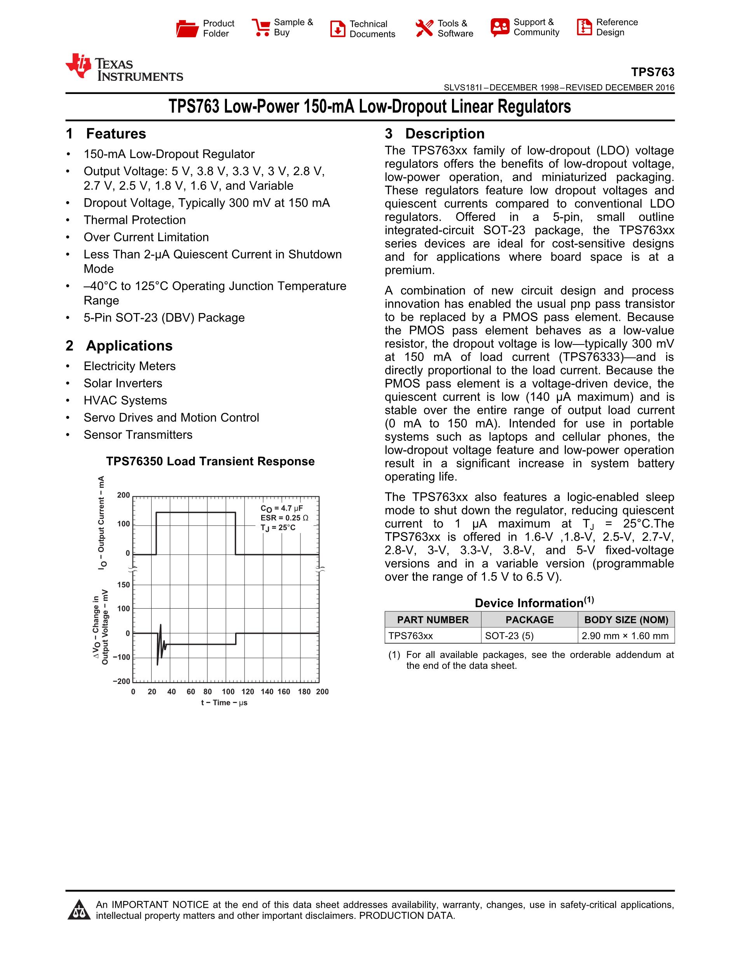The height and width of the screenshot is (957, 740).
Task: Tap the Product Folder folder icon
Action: (x=187, y=28)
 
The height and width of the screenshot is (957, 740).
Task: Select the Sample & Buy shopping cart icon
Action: (x=261, y=27)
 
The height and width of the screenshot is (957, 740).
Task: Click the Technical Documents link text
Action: (x=372, y=29)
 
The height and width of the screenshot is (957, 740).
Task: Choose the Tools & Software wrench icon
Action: (x=424, y=28)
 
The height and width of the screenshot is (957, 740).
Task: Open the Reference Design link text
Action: (x=616, y=27)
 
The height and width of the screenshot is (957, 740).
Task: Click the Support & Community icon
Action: (x=500, y=27)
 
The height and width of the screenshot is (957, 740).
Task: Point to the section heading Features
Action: (x=116, y=134)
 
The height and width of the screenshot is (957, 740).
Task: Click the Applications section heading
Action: (x=129, y=346)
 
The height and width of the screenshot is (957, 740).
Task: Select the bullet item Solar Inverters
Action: (x=123, y=383)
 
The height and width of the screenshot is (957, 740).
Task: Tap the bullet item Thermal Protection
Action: (x=134, y=220)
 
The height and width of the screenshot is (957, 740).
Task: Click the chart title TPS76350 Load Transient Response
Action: (x=210, y=461)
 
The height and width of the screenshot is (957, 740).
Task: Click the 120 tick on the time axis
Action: (x=248, y=691)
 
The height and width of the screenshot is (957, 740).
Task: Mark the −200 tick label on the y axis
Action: (x=121, y=681)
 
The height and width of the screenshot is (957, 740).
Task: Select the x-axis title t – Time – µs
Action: (x=224, y=703)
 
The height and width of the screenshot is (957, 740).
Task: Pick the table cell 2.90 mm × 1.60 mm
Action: (x=625, y=636)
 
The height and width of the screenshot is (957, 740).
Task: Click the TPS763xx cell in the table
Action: (x=411, y=636)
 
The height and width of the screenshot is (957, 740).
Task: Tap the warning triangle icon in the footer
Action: (x=79, y=910)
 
